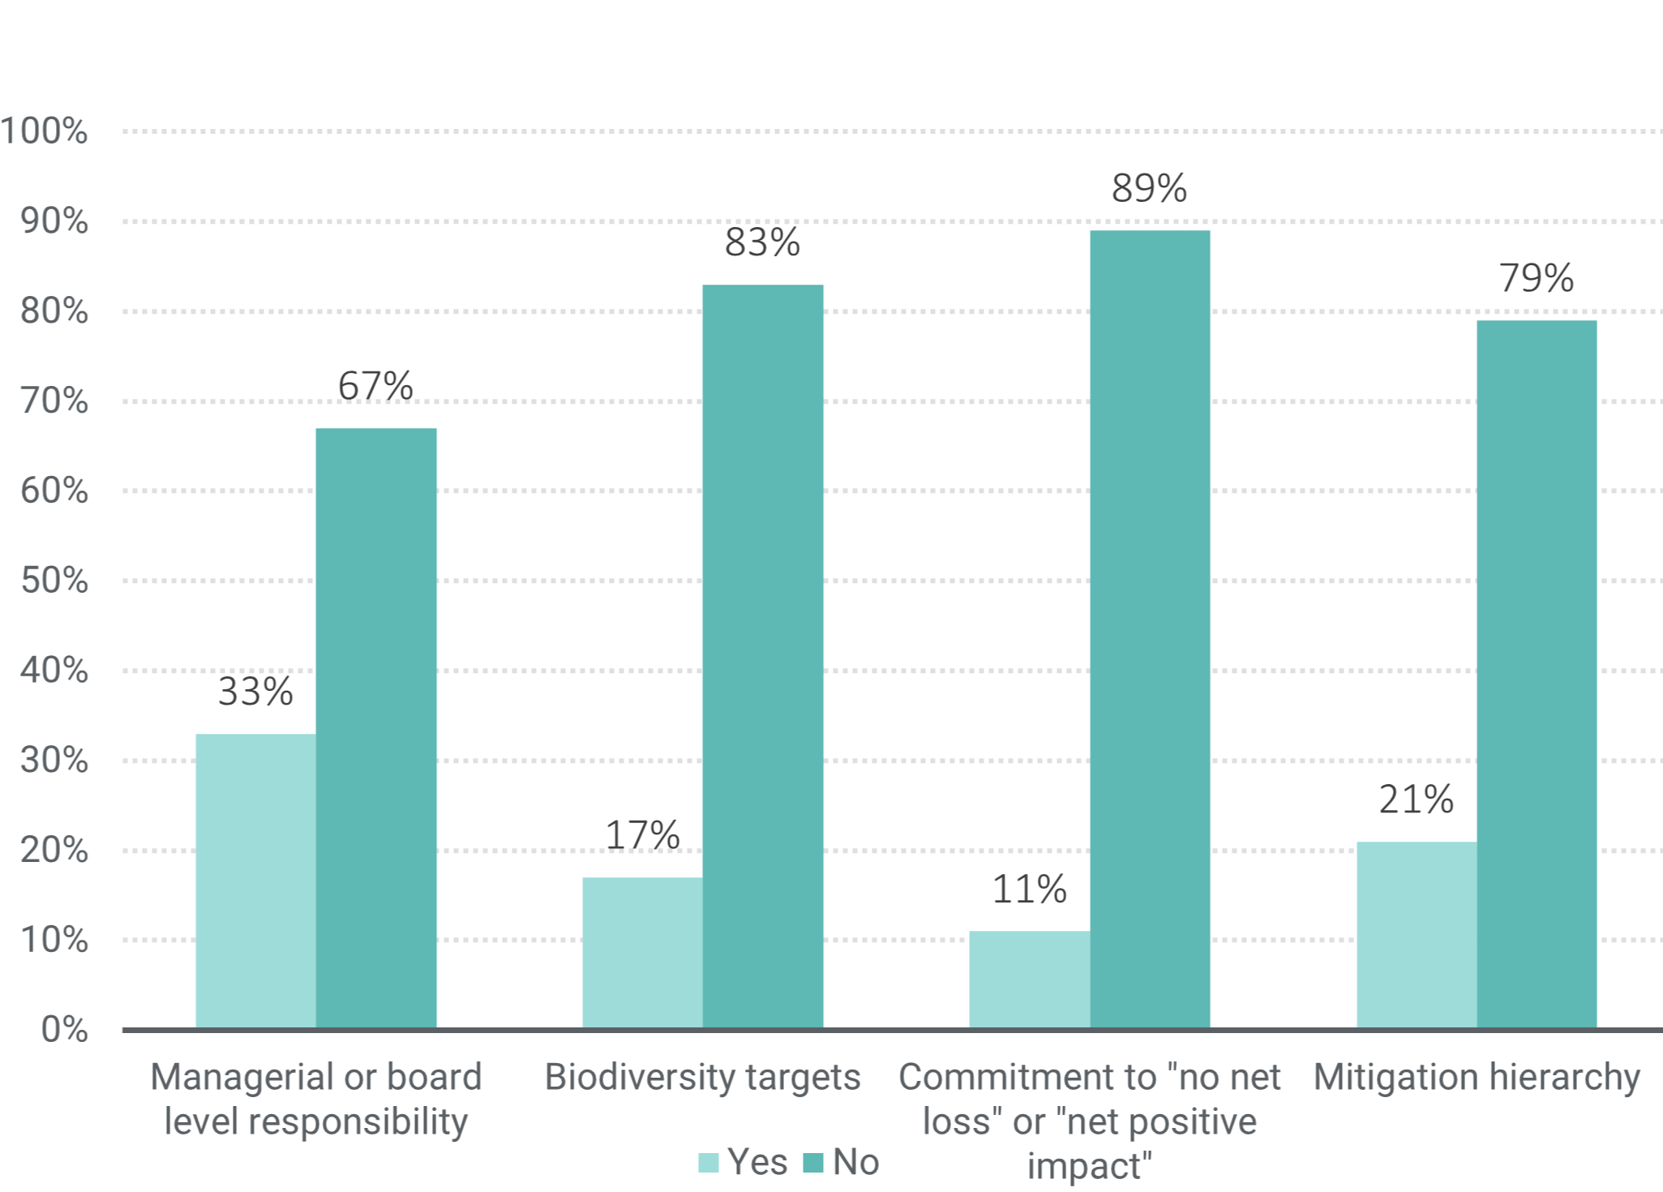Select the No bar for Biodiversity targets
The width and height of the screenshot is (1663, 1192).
point(762,656)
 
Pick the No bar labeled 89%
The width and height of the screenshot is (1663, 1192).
point(1149,629)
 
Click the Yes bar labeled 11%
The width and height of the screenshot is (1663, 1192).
point(1029,980)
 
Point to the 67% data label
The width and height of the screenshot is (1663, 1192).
point(375,386)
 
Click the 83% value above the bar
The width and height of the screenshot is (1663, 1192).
point(762,242)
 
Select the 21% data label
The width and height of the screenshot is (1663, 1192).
point(1416,800)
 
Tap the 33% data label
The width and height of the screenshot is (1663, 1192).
point(255,692)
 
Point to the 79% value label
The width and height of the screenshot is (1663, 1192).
point(1536,278)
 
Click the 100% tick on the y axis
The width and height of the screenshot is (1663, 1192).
point(45,131)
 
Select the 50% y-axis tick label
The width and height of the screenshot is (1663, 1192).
point(54,581)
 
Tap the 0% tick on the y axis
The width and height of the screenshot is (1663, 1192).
point(64,1029)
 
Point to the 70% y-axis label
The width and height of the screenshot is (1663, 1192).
point(54,401)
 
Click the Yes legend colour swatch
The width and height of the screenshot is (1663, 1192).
point(708,1163)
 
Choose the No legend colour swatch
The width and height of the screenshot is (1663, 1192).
point(812,1163)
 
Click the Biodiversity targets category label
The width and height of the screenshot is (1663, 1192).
point(702,1077)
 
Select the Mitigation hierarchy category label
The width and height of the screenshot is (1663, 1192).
point(1477,1077)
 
